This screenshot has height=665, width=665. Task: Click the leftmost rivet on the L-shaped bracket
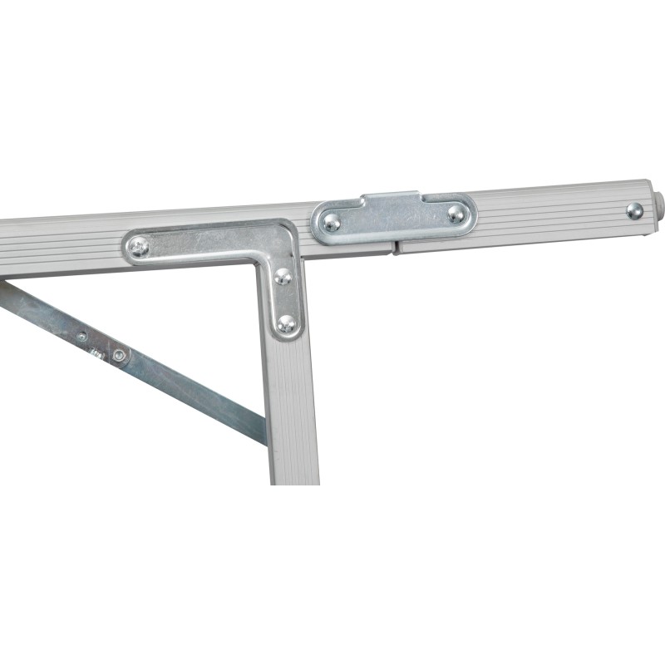[x=140, y=246]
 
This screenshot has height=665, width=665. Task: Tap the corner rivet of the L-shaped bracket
[x=283, y=276]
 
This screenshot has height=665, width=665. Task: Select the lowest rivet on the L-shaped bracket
[x=287, y=323]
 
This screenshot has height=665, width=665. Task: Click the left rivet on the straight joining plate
[x=332, y=222]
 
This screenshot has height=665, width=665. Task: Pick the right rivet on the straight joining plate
[x=456, y=214]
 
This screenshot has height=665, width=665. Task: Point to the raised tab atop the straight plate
[x=392, y=199]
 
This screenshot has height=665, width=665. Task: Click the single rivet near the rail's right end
[x=634, y=210]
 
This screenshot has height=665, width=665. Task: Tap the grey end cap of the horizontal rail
[x=658, y=204]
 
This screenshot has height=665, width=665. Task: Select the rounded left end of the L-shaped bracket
[x=128, y=247]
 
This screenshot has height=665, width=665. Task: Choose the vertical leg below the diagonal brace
[x=294, y=461]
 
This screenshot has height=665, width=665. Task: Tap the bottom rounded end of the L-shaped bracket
[x=288, y=334]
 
